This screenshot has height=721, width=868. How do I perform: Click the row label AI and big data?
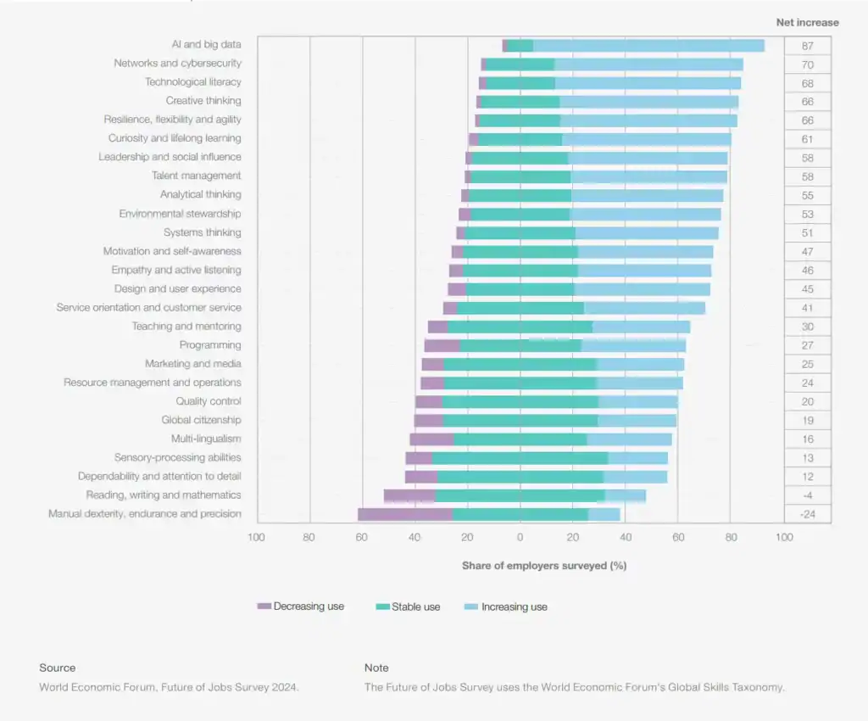[x=206, y=44]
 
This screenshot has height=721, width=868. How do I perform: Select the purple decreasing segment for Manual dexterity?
[x=404, y=514]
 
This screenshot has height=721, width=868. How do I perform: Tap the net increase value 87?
[x=807, y=46]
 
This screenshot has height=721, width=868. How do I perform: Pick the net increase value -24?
[x=807, y=515]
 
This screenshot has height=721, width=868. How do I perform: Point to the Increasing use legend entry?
[x=506, y=606]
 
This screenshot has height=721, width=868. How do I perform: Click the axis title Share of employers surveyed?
[x=543, y=566]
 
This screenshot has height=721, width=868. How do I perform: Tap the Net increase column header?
[x=807, y=23]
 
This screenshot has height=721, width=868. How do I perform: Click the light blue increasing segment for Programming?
[x=633, y=345]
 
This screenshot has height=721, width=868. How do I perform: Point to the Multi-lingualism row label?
[x=206, y=439]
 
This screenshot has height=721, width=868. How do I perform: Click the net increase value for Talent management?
[x=807, y=176]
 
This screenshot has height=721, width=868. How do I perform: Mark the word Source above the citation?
[x=57, y=668]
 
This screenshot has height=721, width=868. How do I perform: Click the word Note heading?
[x=376, y=668]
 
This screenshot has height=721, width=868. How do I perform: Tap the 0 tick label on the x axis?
[x=520, y=537]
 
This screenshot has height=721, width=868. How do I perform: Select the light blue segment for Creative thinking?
[x=648, y=101]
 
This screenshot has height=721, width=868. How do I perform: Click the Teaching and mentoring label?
[x=186, y=327]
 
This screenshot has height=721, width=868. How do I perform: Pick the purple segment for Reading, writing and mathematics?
[x=409, y=495]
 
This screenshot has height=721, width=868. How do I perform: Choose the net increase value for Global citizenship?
[x=807, y=421]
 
